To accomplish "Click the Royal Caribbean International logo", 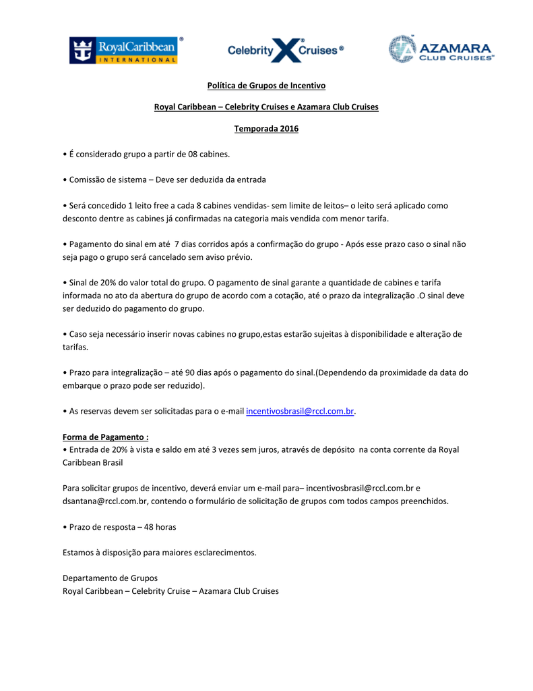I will click(126, 51).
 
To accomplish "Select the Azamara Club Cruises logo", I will click(441, 49).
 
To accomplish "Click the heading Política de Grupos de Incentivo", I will click(265, 86).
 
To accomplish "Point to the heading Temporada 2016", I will click(265, 128).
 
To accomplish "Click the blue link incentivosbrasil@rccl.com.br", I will click(300, 411).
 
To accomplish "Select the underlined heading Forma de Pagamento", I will click(106, 437).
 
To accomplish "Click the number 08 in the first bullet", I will click(193, 154).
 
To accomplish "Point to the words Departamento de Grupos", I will click(110, 578).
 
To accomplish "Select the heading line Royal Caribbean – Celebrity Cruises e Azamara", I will click(265, 107).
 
